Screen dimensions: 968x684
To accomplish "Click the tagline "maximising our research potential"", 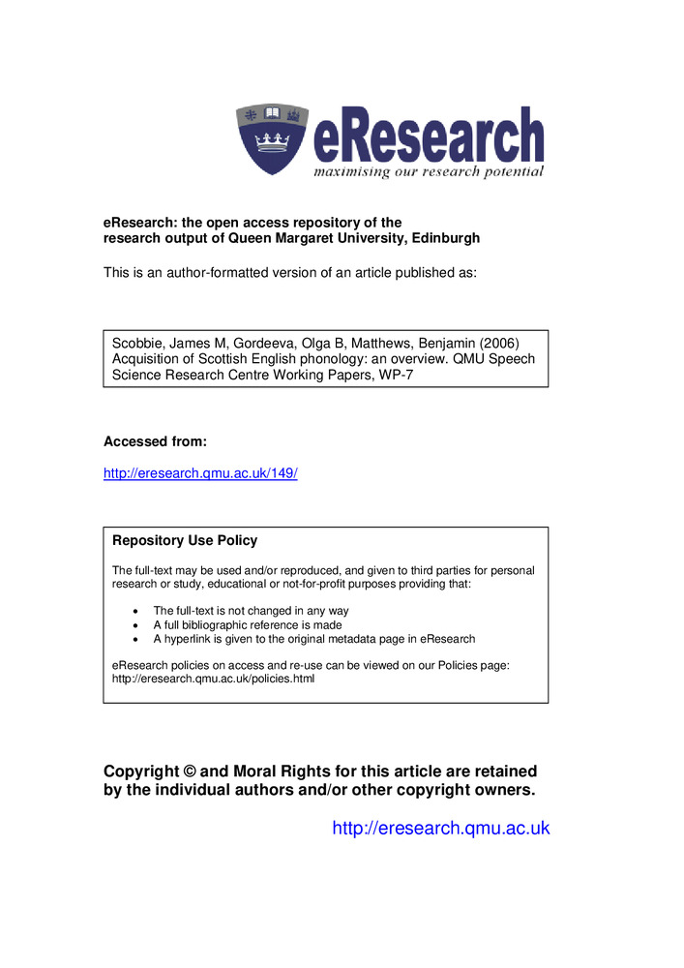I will point(428,171).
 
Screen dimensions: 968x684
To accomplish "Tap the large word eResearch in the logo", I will point(428,136).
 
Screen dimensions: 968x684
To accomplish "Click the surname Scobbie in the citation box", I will point(136,343).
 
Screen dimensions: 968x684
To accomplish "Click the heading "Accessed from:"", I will point(155,441).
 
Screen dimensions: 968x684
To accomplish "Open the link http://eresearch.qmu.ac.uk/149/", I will point(200,473).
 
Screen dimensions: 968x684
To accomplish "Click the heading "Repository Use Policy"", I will point(185,540).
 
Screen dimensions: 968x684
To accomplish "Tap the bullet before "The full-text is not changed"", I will point(134,612).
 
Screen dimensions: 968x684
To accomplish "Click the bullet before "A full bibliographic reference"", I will point(134,625).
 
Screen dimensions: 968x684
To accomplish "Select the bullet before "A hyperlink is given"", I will point(134,639).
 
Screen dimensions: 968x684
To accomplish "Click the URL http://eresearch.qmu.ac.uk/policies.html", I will point(214,679).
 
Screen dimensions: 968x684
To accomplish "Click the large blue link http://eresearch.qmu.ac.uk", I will point(440,828).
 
